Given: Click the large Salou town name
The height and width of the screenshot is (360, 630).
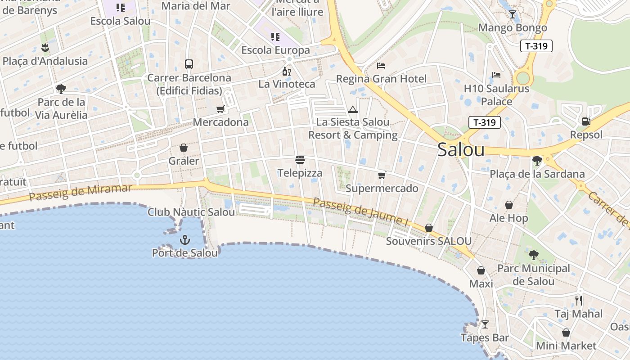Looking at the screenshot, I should click(x=461, y=150).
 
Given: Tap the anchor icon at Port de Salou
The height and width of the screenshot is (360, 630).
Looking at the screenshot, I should click(x=184, y=240).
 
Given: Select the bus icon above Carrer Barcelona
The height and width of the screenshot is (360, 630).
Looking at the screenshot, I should click(x=189, y=64).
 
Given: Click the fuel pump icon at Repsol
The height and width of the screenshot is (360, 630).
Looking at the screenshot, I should click(x=586, y=121).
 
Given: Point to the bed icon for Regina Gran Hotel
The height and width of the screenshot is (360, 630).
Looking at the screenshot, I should click(x=381, y=66).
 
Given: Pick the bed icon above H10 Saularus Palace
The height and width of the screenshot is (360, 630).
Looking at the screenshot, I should click(x=496, y=75).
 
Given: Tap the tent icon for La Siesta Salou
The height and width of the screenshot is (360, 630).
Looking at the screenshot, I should click(x=353, y=109).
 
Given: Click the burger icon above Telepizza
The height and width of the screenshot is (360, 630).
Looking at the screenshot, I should click(x=300, y=160).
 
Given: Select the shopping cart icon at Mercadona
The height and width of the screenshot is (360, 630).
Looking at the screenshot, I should click(x=220, y=109).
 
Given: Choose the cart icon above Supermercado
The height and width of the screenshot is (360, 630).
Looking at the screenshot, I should click(x=382, y=175).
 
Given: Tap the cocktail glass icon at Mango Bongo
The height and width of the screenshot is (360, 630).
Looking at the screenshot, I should click(x=512, y=14).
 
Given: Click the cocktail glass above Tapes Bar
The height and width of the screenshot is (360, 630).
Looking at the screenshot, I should click(x=485, y=324).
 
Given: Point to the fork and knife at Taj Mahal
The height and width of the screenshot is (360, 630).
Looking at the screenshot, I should click(x=579, y=300).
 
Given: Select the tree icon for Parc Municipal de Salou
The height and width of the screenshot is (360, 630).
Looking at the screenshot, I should click(x=533, y=255).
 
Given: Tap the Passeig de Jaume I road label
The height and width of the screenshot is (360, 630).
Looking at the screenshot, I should click(x=360, y=212).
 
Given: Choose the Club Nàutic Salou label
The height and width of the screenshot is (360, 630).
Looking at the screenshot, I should click(x=191, y=212).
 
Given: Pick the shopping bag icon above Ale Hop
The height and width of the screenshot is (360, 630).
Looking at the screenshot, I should click(x=509, y=205).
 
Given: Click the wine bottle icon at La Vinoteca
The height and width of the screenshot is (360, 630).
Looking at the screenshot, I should click(x=286, y=71).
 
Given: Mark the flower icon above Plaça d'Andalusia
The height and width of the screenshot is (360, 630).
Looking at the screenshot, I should click(x=45, y=47).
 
